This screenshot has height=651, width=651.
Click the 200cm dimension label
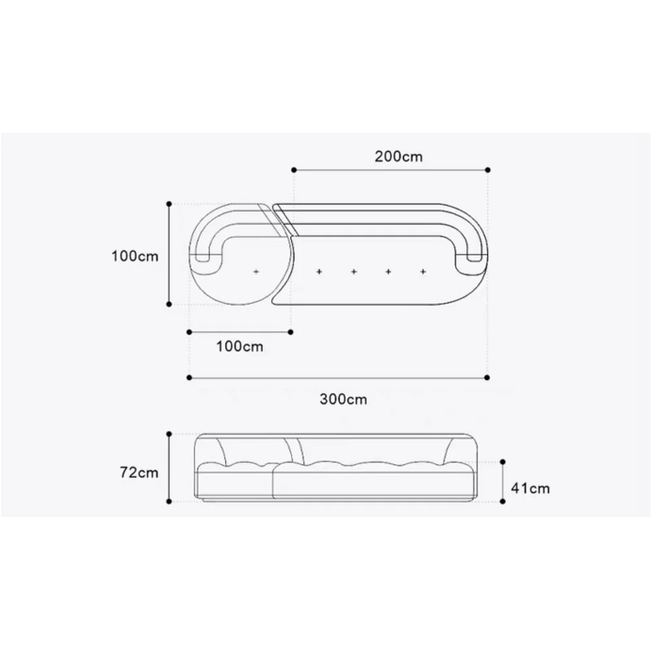(x=398, y=156)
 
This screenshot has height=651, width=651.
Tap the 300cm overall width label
(x=343, y=399)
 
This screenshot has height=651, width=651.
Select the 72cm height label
(x=139, y=473)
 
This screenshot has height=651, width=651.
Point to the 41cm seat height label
(x=531, y=488)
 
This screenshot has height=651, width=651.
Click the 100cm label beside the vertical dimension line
(x=135, y=256)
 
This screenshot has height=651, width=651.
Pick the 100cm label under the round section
(x=240, y=346)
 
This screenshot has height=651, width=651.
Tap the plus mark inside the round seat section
(x=256, y=271)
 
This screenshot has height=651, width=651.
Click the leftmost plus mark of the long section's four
(x=319, y=271)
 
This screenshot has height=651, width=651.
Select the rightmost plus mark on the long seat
(x=423, y=271)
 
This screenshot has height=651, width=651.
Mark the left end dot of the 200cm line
(x=294, y=169)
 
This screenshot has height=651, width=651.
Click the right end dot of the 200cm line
(x=488, y=169)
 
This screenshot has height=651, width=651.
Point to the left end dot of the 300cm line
(x=189, y=377)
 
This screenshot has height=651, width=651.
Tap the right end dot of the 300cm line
(x=488, y=377)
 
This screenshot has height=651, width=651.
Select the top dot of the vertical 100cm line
(x=169, y=204)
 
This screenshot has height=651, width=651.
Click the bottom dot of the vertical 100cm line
(x=169, y=304)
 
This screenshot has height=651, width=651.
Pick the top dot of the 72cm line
(x=169, y=434)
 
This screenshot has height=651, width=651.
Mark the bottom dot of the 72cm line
(x=169, y=502)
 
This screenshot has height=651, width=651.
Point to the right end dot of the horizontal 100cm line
(x=291, y=331)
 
